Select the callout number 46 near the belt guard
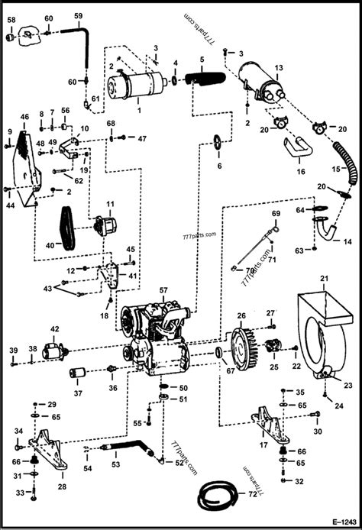(24, 116)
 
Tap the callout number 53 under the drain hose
(115, 464)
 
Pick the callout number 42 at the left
(54, 329)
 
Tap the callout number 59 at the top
(78, 15)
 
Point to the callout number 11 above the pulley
(110, 204)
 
